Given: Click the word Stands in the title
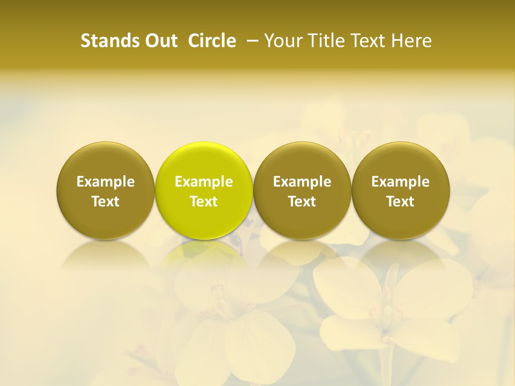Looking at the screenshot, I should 104,41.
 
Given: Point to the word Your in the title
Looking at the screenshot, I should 281,41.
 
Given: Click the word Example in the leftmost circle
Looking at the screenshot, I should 106,182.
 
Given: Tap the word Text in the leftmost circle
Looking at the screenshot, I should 106,202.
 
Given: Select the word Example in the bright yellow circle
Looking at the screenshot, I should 204,182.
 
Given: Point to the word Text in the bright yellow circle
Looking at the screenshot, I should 204,202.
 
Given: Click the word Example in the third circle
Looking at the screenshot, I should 302,182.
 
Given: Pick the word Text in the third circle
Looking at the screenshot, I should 302,202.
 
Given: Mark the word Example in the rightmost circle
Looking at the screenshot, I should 401,182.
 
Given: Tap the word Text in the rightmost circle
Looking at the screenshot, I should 401,202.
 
